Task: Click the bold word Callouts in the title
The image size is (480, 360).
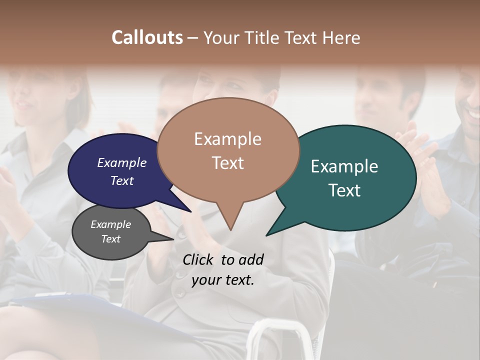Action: [147, 37]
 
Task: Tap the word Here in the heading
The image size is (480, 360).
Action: [341, 37]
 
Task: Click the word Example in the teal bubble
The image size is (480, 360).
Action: [344, 166]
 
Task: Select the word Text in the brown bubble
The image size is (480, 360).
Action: [228, 163]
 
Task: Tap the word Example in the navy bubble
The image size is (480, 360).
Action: [122, 162]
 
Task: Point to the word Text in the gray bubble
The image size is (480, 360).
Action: [111, 239]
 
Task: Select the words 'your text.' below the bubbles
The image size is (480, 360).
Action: [223, 280]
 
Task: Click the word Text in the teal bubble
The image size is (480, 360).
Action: [344, 190]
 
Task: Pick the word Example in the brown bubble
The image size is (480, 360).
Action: [228, 139]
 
